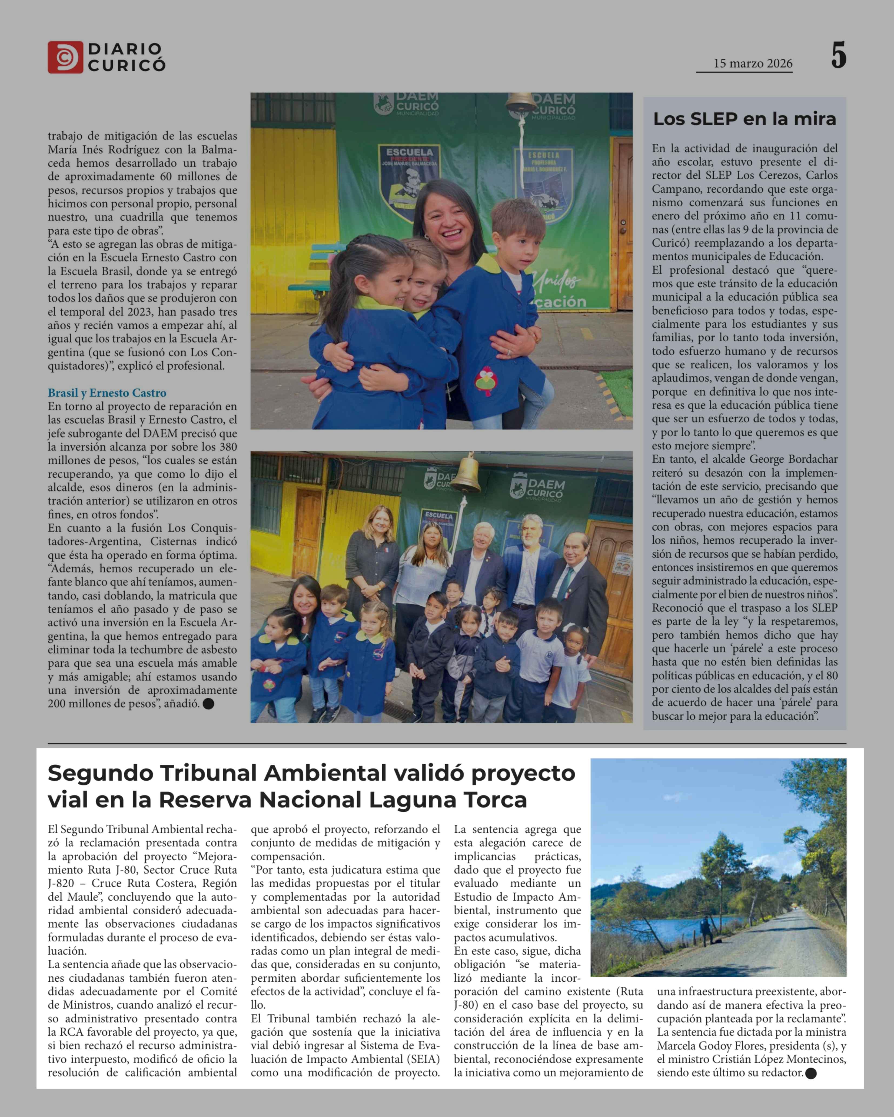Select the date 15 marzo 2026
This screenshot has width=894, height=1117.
tap(753, 64)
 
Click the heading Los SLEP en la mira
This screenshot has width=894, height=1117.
tap(744, 119)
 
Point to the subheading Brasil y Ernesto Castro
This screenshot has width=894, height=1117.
tap(107, 393)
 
